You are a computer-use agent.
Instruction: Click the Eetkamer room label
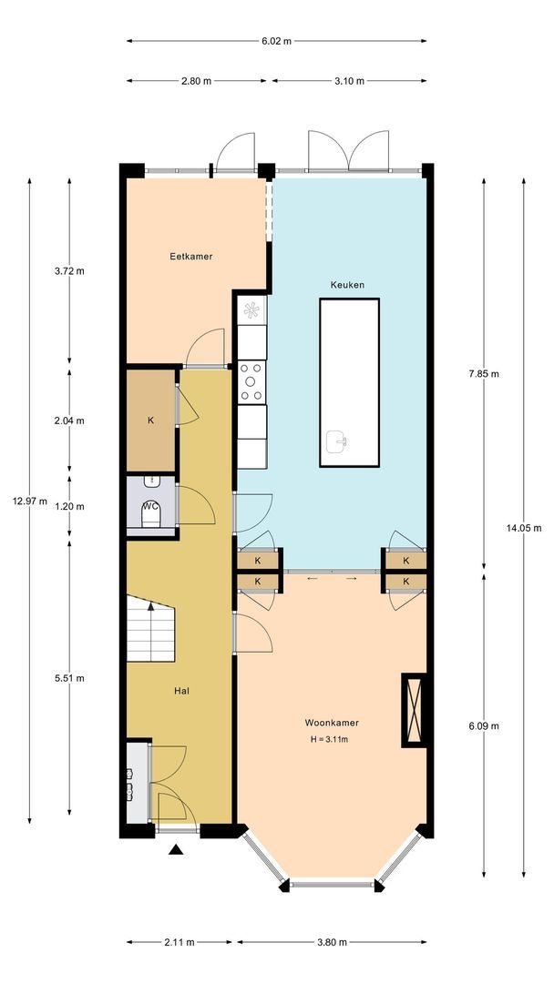coord(190,257)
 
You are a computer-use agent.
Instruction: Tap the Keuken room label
coord(347,285)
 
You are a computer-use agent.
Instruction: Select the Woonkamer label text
coord(332,723)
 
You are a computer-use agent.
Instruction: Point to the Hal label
coord(182,691)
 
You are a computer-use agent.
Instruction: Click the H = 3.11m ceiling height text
coord(329,739)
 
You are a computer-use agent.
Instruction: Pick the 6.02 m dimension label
coord(277,41)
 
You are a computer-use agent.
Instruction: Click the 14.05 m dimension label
coord(524,528)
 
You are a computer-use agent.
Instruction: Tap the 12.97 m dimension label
coord(29,501)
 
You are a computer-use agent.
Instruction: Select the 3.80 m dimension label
coord(332,942)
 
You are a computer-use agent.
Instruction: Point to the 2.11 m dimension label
coord(179,942)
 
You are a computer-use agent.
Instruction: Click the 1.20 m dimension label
coord(69,507)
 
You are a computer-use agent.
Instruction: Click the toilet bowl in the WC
coord(150,514)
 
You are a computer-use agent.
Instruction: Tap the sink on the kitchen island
coord(337,442)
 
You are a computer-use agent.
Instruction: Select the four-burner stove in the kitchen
coord(252,381)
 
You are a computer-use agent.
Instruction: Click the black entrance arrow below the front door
coord(176,849)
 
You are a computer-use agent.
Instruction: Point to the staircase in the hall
coord(150,628)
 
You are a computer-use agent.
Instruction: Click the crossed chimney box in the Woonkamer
coord(414,710)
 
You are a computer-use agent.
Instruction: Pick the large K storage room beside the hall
coord(150,420)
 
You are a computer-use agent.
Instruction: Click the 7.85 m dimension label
coord(484,374)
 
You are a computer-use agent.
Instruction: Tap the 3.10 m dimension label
coord(349,81)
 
